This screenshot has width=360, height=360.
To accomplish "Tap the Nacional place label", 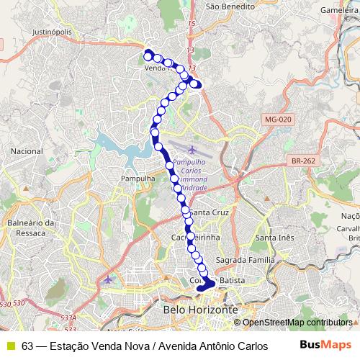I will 27,152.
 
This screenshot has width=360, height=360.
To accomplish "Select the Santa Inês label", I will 276,238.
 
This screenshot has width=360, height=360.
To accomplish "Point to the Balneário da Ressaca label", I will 31,228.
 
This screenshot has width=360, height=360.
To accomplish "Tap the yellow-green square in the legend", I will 10,346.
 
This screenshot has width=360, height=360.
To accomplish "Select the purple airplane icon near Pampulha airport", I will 192,150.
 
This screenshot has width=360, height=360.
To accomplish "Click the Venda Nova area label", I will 156,68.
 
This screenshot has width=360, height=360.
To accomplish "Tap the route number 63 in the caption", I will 27,346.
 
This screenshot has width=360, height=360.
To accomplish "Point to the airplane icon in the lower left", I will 108,279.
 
